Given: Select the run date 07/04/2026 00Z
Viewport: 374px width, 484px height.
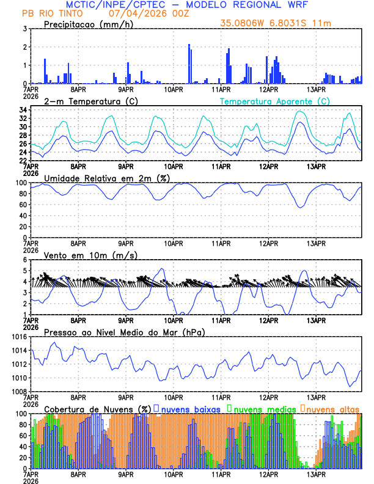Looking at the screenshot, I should [145, 13].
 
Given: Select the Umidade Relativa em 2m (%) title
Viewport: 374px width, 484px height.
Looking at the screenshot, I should [107, 178].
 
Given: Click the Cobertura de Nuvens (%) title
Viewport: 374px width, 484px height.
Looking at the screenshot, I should [97, 408].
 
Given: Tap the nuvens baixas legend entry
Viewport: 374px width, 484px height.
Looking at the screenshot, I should [190, 408].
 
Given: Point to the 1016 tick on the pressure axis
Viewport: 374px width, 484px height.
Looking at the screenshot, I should [19, 337].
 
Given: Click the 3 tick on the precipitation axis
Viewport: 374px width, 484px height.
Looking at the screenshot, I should [25, 29].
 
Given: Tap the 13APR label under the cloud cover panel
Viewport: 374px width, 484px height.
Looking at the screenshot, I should [315, 474].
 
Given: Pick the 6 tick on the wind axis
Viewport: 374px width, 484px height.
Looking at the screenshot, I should [25, 260].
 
